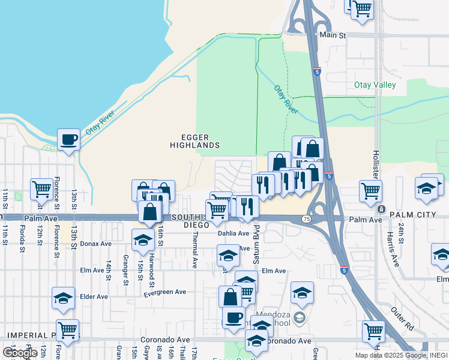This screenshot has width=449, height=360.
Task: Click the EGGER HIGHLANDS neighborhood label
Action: tap(194, 141)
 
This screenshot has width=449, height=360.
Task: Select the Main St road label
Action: tap(333, 35)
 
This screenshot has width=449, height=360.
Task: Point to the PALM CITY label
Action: tap(411, 214)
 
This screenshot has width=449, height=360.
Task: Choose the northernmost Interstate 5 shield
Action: tap(316, 71)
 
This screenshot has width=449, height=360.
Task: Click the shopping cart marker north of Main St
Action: tap(363, 9)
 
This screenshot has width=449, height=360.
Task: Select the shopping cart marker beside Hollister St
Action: tap(370, 191)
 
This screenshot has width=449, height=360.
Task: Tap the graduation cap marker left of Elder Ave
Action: tap(63, 298)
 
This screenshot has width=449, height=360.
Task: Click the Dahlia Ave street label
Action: tap(233, 233)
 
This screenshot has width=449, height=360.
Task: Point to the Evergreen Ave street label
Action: tap(165, 292)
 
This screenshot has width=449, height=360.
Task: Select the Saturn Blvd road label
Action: tap(256, 239)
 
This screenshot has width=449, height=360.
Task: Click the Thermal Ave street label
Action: tap(195, 252)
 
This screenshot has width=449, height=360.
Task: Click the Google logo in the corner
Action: tap(20, 353)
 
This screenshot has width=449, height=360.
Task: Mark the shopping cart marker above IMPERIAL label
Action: tap(68, 329)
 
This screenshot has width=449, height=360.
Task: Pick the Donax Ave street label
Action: tap(96, 244)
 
